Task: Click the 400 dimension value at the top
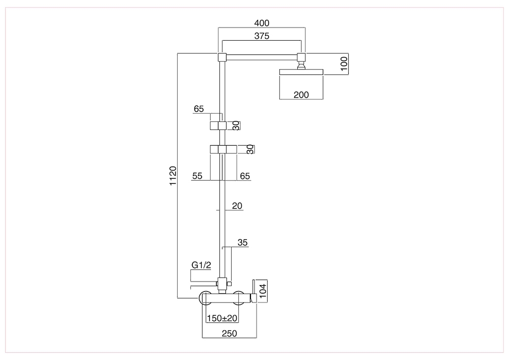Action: click(262, 23)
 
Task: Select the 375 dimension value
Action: click(262, 36)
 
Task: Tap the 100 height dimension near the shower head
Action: click(344, 63)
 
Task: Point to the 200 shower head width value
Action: click(301, 95)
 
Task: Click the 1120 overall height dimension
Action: click(173, 176)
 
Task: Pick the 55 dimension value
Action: click(197, 176)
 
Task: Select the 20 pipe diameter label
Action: click(237, 206)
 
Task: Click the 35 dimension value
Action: click(242, 242)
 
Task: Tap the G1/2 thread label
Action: click(201, 265)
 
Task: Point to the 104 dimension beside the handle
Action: click(263, 291)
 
